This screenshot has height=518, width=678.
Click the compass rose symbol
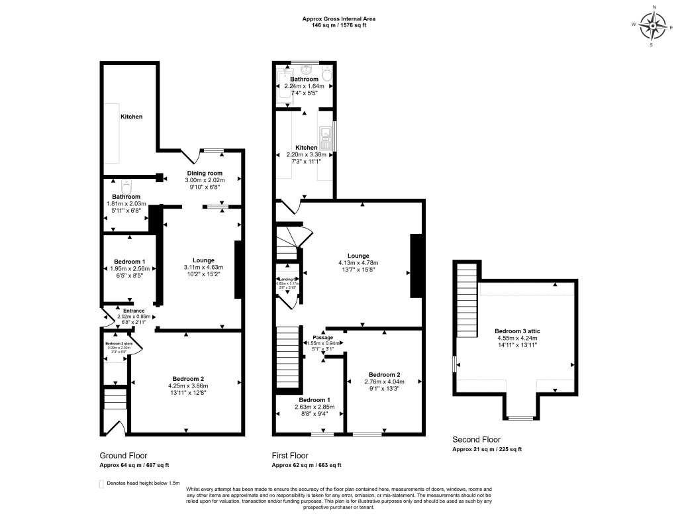[655, 26]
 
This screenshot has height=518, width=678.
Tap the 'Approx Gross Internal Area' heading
[338, 19]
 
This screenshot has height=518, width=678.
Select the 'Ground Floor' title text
[123, 456]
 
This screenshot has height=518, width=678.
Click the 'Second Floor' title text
[476, 439]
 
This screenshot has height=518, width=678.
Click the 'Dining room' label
[204, 173]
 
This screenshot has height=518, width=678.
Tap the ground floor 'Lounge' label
[203, 260]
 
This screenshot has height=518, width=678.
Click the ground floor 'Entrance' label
[133, 310]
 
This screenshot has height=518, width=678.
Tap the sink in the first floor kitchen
[325, 138]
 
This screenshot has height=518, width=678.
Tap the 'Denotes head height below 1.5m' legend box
[102, 484]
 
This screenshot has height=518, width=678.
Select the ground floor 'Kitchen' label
[131, 117]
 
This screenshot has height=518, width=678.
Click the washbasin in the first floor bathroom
[306, 69]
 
